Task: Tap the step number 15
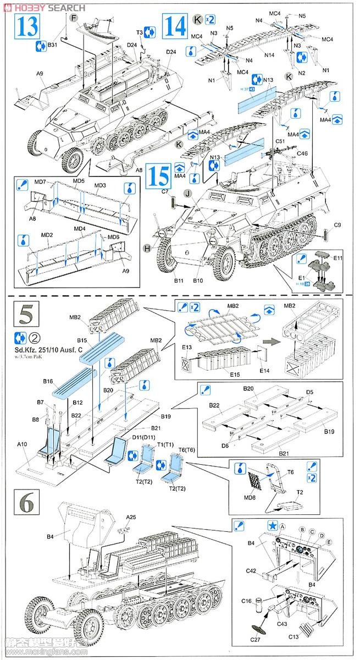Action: click(x=158, y=175)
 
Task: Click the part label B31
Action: click(x=53, y=45)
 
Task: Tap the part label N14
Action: click(x=269, y=56)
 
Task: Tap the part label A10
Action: click(x=22, y=443)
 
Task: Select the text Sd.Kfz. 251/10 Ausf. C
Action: click(x=52, y=348)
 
